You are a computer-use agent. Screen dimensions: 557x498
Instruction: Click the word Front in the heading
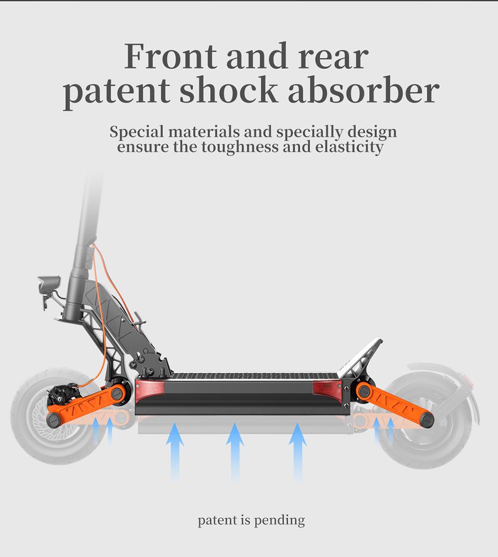[x=170, y=57]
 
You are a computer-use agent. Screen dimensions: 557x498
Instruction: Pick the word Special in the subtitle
[x=136, y=133]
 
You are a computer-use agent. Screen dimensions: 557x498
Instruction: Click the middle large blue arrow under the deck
[x=235, y=451]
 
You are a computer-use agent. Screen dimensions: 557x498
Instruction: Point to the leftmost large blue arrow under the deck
[x=174, y=451]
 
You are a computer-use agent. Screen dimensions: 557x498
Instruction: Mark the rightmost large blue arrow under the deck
[x=297, y=451]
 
